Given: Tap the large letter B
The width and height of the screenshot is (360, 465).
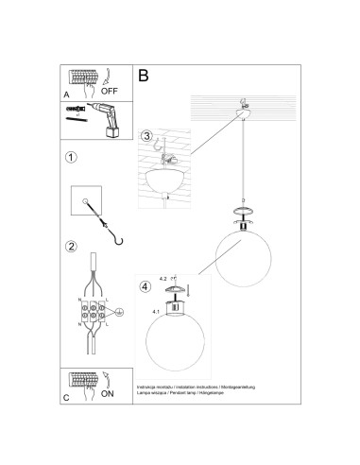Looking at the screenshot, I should (x=144, y=74).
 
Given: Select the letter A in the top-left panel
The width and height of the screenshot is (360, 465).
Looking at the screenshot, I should (x=66, y=95).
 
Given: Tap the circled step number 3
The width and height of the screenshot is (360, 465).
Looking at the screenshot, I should (x=146, y=137).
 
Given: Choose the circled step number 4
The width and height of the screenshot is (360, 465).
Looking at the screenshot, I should (x=145, y=286).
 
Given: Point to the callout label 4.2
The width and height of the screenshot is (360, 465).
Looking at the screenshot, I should (x=164, y=278).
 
